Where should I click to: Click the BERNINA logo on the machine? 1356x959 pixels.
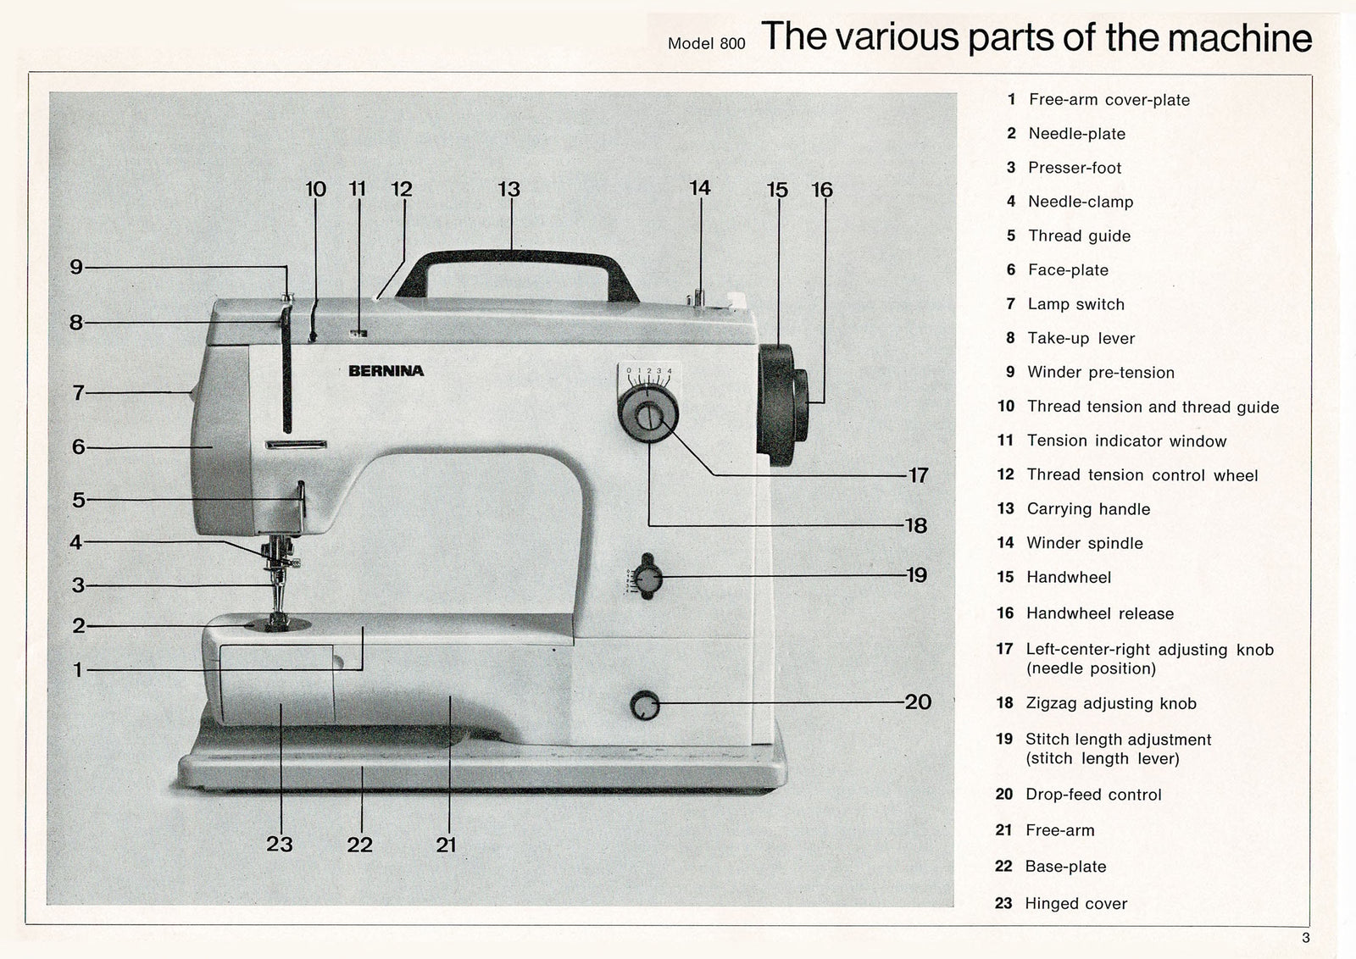386,371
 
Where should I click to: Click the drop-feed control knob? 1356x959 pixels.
645,706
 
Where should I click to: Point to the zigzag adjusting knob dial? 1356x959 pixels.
648,416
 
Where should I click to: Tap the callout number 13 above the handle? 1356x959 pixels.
508,190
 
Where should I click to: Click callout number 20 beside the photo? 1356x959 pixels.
918,701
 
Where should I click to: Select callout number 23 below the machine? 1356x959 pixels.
280,844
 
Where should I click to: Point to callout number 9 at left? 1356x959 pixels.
76,268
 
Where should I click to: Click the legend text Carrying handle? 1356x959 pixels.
1088,509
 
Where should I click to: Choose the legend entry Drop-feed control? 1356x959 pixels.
1093,795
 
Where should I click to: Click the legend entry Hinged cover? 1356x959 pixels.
1075,903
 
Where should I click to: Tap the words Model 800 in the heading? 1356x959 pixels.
706,44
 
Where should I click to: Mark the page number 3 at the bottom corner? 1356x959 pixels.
1306,938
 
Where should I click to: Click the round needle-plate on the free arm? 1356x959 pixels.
277,625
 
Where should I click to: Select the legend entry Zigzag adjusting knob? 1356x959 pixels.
1111,703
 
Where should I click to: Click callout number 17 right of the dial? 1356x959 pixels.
919,475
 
